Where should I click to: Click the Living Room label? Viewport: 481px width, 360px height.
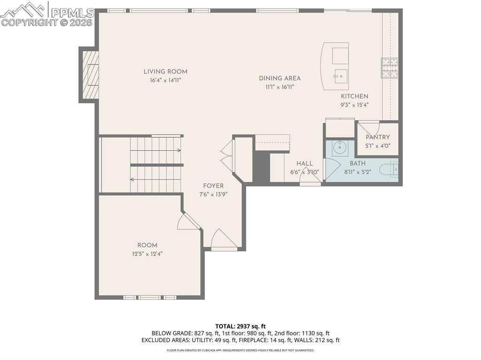tap(165, 72)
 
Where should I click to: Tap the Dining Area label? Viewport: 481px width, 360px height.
tap(279, 78)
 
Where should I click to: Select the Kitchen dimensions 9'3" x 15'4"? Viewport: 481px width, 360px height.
tap(354, 105)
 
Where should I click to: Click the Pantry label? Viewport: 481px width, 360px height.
tap(378, 138)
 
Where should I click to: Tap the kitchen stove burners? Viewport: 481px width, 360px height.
tap(389, 68)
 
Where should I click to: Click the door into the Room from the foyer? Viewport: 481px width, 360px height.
tap(188, 222)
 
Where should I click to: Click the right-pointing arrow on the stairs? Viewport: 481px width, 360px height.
tap(178, 150)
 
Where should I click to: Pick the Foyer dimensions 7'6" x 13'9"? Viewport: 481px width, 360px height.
tap(213, 194)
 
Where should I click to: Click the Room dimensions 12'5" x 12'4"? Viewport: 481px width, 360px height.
tap(147, 254)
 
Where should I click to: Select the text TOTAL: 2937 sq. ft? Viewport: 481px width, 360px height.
tap(240, 326)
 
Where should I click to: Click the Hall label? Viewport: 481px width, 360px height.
tap(304, 163)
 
